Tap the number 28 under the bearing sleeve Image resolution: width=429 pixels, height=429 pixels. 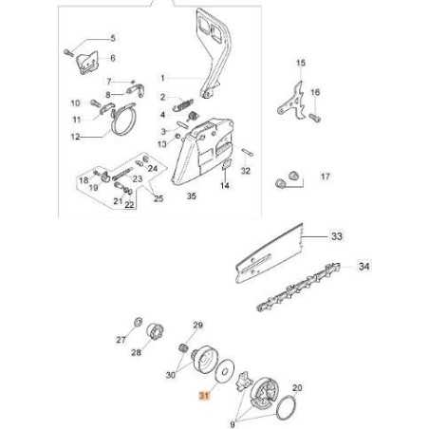click(x=136, y=378)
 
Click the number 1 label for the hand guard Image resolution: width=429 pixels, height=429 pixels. click(x=161, y=78)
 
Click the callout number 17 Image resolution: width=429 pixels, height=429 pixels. click(x=325, y=177)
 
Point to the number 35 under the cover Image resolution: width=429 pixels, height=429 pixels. click(x=191, y=196)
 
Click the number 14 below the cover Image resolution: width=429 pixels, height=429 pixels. click(x=224, y=187)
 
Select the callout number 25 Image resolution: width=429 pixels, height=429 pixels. click(x=159, y=197)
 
